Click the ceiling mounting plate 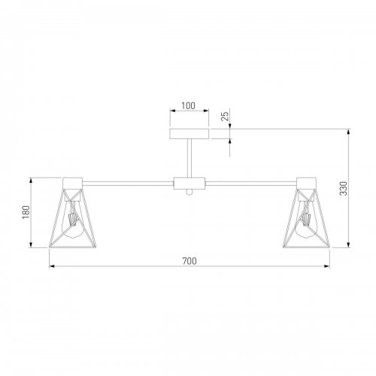[189, 134]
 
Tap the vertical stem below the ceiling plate [189, 158]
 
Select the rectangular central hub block [189, 183]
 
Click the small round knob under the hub [189, 193]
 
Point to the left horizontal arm [128, 182]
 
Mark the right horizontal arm [252, 182]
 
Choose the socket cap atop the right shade [308, 182]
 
